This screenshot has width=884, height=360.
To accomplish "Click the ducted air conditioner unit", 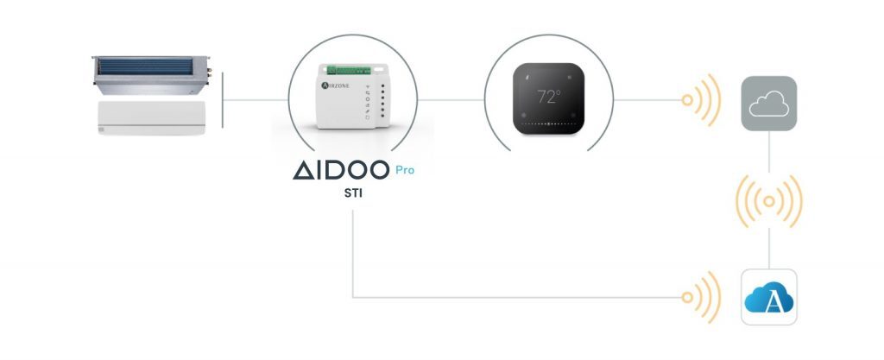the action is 151,75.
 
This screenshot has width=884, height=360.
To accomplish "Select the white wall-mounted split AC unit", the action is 151,117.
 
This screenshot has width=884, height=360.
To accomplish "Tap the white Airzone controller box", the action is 353,96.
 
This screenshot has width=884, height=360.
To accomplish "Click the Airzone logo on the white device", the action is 335,85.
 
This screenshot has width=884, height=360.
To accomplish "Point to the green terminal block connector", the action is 349,71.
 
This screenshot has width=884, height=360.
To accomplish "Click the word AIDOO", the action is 340,169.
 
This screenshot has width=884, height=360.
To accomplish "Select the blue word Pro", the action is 405,170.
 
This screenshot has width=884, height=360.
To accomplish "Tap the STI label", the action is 353,193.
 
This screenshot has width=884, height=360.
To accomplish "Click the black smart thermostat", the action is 548,98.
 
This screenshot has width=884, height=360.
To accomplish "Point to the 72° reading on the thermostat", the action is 548,97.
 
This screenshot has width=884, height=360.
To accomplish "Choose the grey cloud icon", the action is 768,104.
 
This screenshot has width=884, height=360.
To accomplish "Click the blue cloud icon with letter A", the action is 768,297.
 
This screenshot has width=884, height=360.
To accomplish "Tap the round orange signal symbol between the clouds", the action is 768,201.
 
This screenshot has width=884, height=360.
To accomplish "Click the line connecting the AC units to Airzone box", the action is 256,100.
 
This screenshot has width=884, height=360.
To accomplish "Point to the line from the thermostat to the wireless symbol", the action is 647,100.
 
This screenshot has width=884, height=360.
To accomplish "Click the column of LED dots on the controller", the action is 382,101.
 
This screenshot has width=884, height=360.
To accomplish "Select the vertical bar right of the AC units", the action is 223,100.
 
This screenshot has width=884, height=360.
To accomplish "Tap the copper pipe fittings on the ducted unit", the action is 209,73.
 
